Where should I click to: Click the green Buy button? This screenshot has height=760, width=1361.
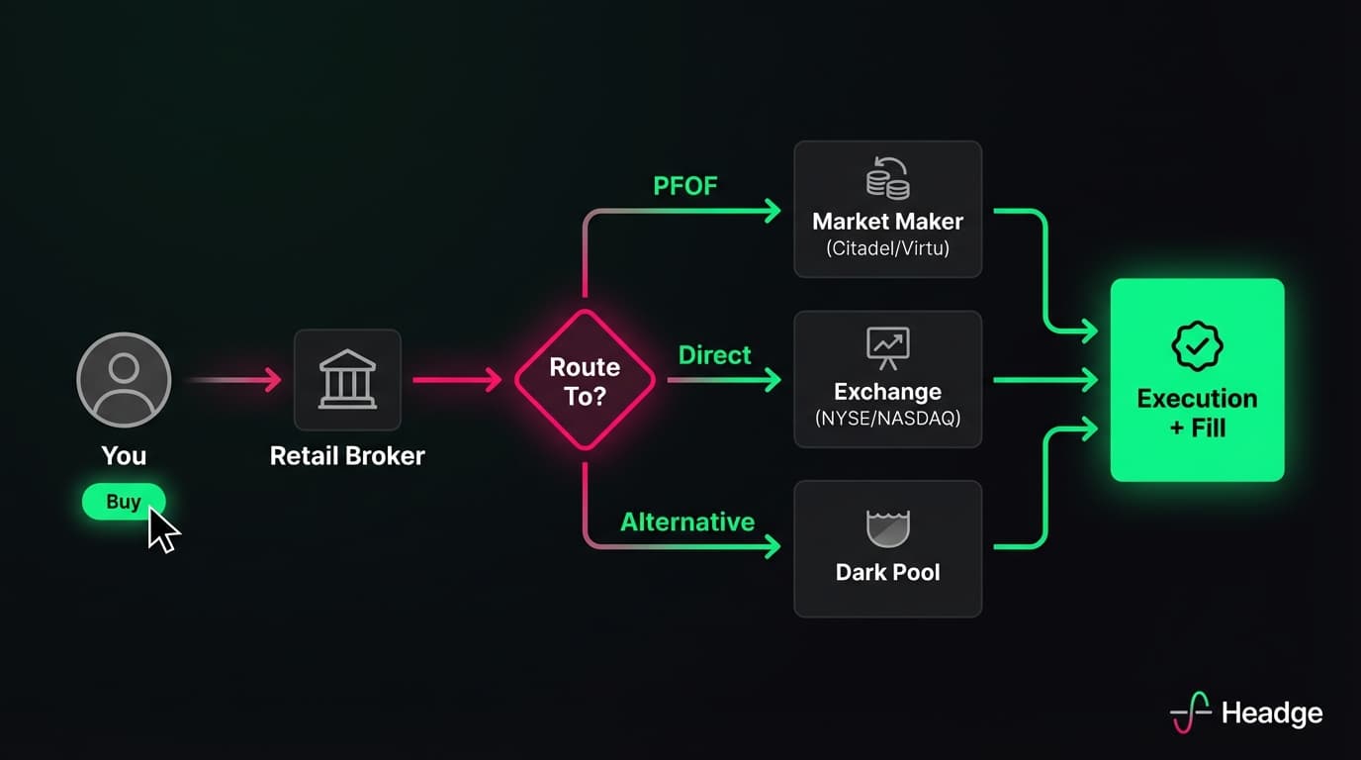coord(123,502)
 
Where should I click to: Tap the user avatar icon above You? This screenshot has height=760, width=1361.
coord(124,379)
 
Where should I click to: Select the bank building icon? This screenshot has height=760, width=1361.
coord(347,379)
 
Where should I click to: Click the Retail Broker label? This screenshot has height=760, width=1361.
coord(347,455)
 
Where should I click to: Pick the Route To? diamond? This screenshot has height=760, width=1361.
coord(585,380)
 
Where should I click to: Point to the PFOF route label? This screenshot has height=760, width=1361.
coord(684,186)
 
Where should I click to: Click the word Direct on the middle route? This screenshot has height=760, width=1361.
coord(714,355)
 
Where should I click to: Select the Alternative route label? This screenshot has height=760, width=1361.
coord(687,522)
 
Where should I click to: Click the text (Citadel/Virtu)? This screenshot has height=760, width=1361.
coord(887,248)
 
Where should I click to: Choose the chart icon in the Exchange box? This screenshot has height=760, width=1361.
coord(887,345)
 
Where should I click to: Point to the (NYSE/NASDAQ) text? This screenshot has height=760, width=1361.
coord(887,418)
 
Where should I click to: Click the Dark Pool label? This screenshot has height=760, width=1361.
coord(887,572)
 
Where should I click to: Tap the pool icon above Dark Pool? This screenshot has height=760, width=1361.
coord(887,527)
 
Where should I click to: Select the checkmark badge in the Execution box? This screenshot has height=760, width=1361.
coord(1197,346)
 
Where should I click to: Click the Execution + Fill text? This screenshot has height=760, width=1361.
coord(1197,413)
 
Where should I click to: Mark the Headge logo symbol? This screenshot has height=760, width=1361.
coord(1191,712)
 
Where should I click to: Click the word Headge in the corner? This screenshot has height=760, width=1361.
coord(1272,712)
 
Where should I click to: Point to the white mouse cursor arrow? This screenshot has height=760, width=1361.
coord(163,529)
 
